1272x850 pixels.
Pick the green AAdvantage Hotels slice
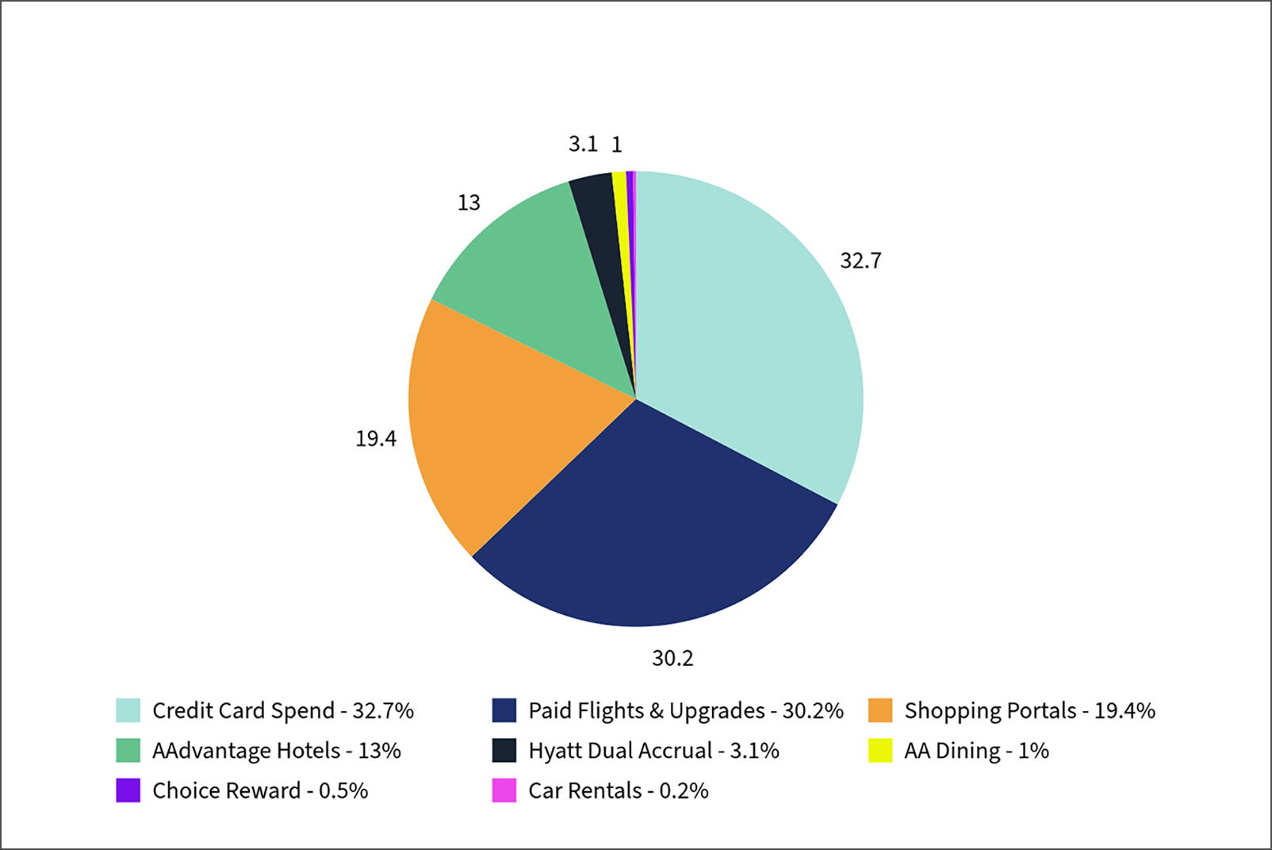[x=539, y=270]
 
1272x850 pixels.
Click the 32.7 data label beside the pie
[x=860, y=261]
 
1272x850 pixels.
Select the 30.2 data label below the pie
[x=672, y=659]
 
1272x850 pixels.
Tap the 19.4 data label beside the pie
[x=375, y=439]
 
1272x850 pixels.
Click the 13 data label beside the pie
[x=469, y=203]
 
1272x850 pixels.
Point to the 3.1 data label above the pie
[x=583, y=144]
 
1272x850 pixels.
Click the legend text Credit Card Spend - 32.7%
[x=283, y=711]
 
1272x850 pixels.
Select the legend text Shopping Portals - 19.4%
[x=1029, y=711]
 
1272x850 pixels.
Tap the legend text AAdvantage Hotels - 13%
[x=277, y=751]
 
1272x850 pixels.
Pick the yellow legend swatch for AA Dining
[x=880, y=750]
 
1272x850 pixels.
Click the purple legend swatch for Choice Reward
[x=128, y=790]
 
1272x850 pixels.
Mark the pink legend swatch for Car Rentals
[x=504, y=790]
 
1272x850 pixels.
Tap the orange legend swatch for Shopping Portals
[x=880, y=710]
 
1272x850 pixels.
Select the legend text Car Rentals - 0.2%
[x=619, y=791]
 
